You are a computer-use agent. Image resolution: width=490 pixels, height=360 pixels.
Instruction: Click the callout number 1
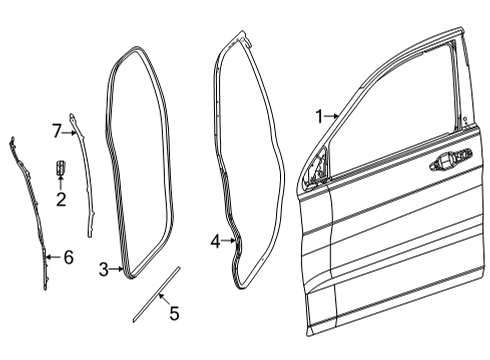[319, 117]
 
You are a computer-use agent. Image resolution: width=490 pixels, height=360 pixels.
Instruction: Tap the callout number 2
[61, 200]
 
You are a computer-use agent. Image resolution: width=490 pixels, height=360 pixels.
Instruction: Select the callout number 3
[104, 269]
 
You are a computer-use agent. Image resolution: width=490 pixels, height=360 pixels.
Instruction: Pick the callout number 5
[174, 314]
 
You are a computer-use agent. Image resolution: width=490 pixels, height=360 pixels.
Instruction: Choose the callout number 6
[67, 258]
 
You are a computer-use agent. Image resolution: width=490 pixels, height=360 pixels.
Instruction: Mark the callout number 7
[57, 129]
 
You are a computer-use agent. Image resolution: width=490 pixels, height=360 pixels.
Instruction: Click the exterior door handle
[447, 161]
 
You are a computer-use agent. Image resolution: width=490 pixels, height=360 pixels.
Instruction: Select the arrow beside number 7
[70, 129]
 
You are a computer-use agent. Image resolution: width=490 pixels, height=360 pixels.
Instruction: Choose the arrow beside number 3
[117, 269]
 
